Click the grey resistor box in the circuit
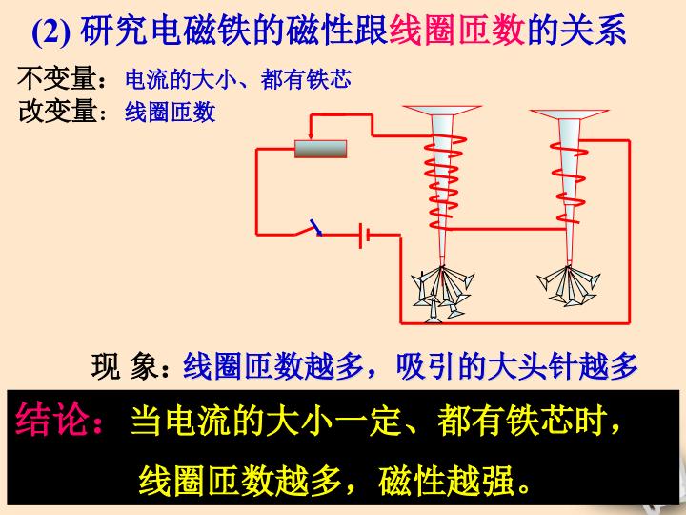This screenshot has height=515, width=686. pos(320,148)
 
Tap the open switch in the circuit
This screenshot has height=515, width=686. pos(309,229)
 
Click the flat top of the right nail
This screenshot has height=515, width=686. pos(570,112)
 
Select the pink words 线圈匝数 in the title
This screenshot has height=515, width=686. pos(457,33)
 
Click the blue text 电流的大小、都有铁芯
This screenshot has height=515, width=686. pos(237,78)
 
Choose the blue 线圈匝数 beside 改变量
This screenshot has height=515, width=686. pos(171,113)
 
